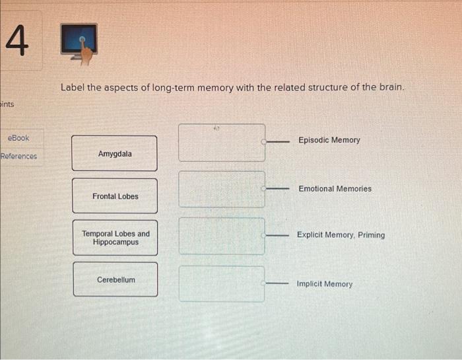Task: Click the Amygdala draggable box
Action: [x=115, y=154]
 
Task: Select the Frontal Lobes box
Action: [x=115, y=196]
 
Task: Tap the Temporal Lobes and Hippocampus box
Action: [x=115, y=238]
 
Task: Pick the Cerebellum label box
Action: [x=115, y=279]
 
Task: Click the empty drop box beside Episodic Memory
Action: [x=221, y=142]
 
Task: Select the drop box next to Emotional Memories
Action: [x=221, y=189]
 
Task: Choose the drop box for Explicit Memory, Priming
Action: [x=221, y=236]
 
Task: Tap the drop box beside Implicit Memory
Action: [x=221, y=284]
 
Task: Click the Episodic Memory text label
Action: [x=329, y=140]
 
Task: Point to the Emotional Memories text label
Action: [x=335, y=189]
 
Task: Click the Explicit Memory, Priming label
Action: [x=341, y=234]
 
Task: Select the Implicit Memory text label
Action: [x=324, y=284]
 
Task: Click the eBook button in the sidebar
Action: [x=18, y=138]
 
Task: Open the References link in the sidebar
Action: [x=19, y=157]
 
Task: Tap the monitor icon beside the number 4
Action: [x=81, y=44]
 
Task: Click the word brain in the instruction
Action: [x=388, y=88]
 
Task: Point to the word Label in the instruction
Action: [x=72, y=88]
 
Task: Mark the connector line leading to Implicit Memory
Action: [x=277, y=284]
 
